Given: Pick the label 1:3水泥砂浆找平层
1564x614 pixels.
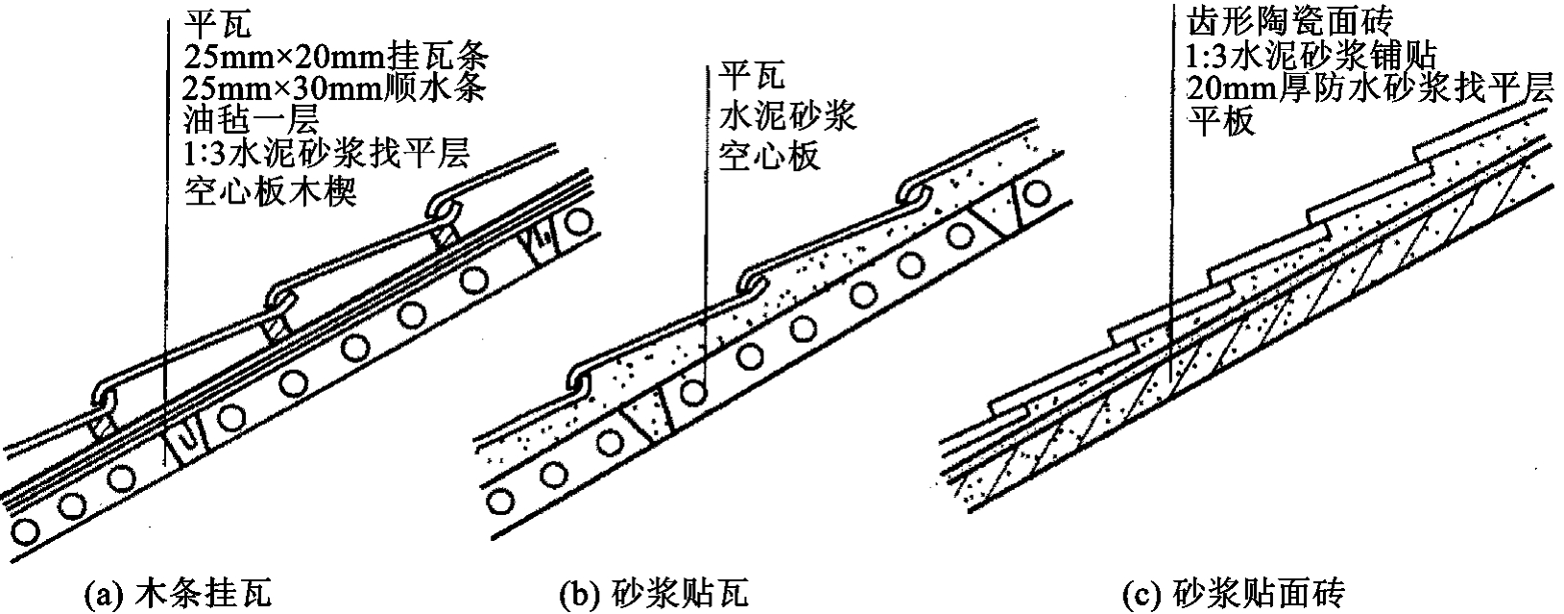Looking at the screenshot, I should [325, 157].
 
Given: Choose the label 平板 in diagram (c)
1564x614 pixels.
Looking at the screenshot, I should [1220, 122].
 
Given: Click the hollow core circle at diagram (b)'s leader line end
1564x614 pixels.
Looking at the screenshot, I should [692, 392].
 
